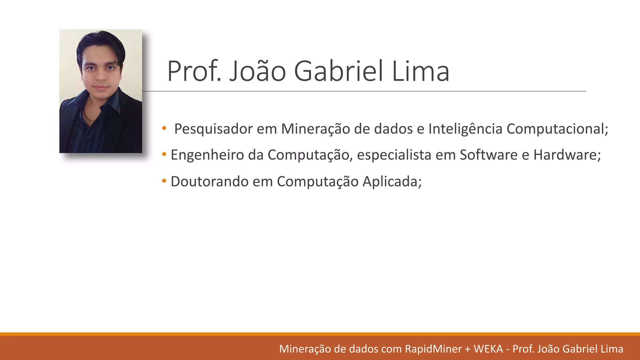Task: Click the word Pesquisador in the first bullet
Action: pos(213,129)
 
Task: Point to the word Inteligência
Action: pos(465,129)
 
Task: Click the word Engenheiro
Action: pos(207,155)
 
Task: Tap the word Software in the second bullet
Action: pos(488,155)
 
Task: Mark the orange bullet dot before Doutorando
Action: pos(164,181)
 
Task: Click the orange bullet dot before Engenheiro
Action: pos(164,154)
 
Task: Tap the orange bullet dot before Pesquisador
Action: pos(164,128)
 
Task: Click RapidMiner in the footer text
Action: pos(433,349)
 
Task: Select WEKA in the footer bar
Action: pos(488,349)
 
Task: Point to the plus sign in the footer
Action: pos(467,349)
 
